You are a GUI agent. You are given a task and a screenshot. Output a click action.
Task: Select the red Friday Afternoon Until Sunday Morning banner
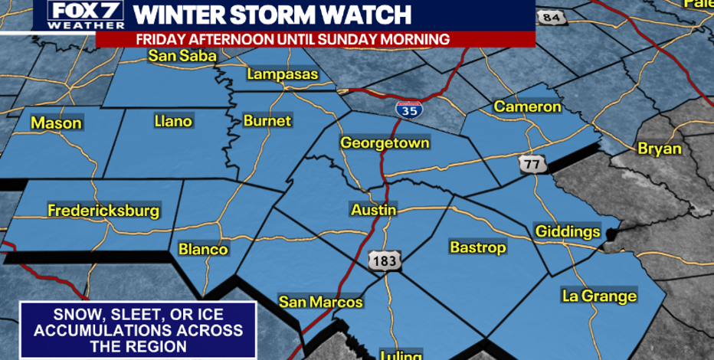[293, 39]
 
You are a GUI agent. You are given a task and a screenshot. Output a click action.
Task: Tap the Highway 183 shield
[383, 261]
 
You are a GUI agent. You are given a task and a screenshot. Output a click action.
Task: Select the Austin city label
[373, 210]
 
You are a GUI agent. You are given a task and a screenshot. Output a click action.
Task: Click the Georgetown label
[385, 143]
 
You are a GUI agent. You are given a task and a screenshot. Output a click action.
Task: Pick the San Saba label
[182, 56]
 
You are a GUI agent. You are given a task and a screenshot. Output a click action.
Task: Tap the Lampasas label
[281, 74]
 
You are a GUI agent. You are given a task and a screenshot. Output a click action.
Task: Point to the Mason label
[56, 123]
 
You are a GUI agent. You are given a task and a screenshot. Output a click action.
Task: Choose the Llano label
[173, 121]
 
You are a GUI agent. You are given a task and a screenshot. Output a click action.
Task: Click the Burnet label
[267, 121]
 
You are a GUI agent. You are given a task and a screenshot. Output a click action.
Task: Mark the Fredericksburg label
[103, 211]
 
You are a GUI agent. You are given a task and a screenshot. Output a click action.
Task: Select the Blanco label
[203, 250]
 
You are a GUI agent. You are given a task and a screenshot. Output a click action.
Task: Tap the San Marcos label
[320, 303]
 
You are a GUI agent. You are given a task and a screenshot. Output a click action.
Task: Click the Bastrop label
[477, 247]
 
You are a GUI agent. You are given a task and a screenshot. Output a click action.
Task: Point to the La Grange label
[599, 296]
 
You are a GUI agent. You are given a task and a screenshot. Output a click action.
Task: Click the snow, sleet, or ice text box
[138, 330]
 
